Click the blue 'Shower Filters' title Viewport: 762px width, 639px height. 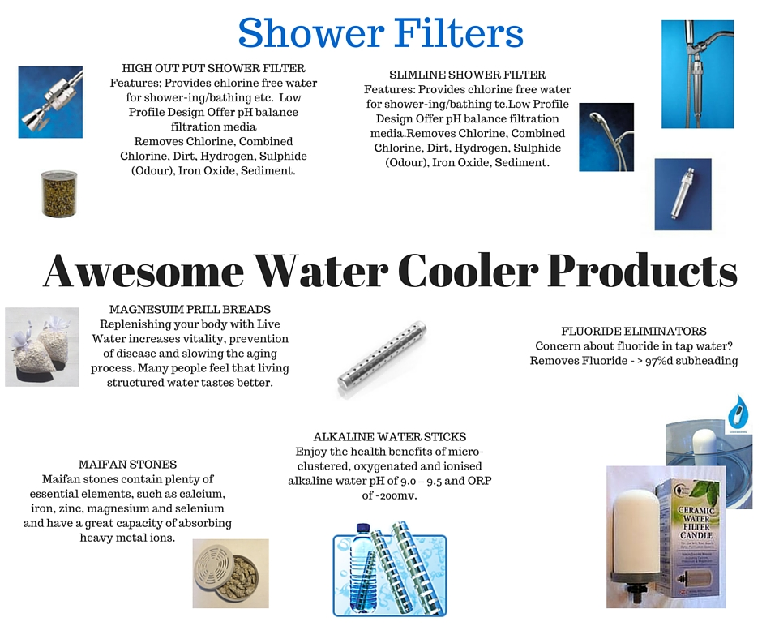pos(380,33)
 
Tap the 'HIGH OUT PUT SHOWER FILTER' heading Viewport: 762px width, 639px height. pos(213,68)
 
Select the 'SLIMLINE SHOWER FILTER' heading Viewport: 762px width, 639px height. pos(468,75)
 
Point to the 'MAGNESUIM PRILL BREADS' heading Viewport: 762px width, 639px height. pos(190,309)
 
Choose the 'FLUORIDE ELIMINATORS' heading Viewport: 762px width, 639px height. pos(634,331)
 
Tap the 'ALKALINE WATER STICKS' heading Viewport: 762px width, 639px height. pos(390,437)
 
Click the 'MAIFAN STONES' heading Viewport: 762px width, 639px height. pos(128,465)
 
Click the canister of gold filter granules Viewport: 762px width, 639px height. pos(59,193)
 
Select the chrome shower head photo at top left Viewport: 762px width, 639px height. pos(50,102)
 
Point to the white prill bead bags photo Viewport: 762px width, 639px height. pos(42,347)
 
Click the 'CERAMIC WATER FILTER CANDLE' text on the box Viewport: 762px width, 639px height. pos(696,523)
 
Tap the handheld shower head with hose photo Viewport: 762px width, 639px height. pos(606,137)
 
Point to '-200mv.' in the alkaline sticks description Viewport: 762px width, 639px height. pos(389,496)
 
